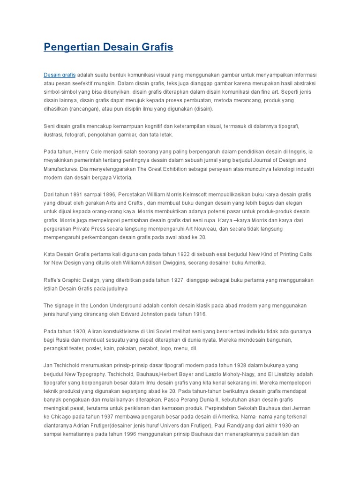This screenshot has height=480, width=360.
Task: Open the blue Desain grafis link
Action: (60, 75)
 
